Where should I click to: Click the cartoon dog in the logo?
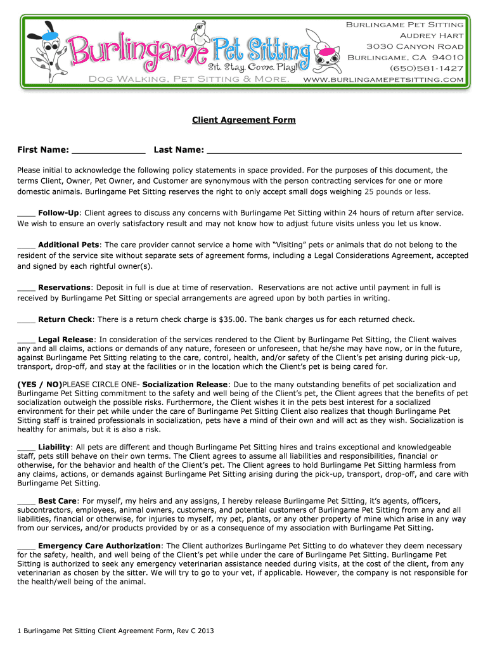47,48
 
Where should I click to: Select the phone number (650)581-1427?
427,68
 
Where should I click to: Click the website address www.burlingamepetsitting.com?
384,79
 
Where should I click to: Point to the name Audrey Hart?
431,35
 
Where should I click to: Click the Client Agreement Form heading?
244,120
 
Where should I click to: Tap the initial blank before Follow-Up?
26,214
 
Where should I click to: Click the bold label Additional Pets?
68,245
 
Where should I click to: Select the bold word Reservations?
65,287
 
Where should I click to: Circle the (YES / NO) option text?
39,385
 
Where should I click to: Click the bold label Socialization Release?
184,385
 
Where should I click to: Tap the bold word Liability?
54,447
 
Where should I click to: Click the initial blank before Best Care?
26,501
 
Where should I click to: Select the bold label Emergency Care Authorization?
99,546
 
